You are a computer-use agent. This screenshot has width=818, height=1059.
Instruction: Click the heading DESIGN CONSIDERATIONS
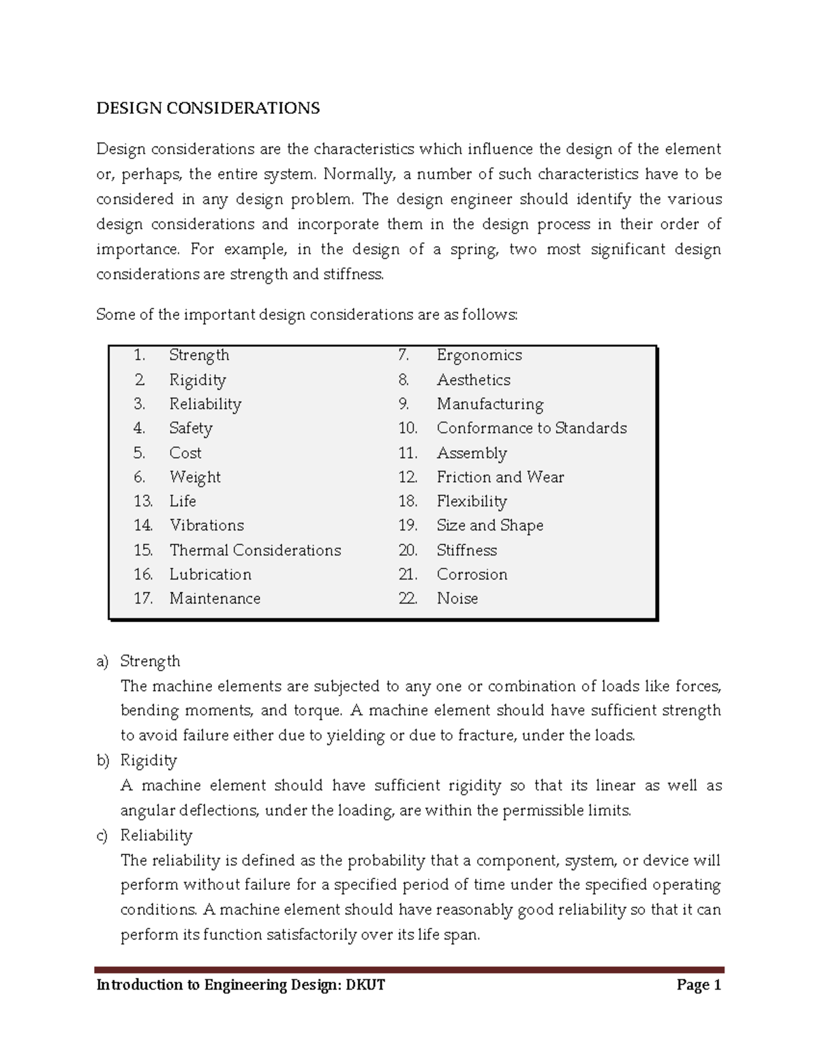[208, 108]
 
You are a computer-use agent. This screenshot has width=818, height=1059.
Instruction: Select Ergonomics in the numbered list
[479, 355]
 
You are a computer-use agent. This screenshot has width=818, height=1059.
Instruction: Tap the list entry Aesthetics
[473, 380]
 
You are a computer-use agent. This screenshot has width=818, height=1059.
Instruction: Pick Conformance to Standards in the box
[532, 428]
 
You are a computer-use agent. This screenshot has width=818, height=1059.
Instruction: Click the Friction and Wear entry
[500, 477]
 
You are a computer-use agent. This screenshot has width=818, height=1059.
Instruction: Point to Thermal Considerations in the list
[255, 550]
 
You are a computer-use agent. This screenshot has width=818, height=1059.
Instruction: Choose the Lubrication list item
[210, 574]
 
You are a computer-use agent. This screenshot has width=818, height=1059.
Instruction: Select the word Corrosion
[472, 574]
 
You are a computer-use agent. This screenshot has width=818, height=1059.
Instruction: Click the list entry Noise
[457, 599]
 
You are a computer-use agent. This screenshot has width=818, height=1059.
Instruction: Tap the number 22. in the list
[408, 599]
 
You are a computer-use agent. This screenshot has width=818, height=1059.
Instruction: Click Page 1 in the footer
[698, 985]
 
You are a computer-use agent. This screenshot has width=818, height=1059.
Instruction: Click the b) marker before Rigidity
[102, 761]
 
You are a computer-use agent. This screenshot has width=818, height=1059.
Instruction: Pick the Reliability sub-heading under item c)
[156, 836]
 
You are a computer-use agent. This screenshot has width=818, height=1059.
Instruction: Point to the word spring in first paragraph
[469, 250]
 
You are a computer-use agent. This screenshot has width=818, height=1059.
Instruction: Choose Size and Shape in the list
[489, 526]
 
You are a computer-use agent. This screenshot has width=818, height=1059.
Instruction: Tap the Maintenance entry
[215, 599]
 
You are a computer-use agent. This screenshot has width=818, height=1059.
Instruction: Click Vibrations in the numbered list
[207, 526]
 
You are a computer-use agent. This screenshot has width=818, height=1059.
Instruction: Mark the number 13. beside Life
[143, 501]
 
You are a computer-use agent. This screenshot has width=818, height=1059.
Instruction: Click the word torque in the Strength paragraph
[316, 711]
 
